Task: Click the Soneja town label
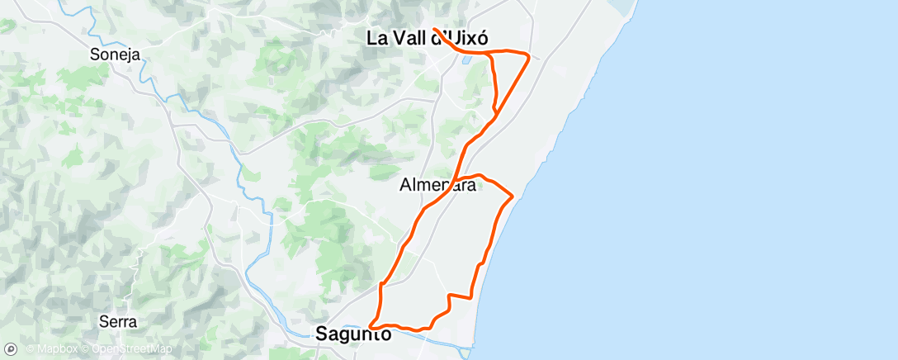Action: click(x=114, y=55)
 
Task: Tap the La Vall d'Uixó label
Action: click(x=428, y=38)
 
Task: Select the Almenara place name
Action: click(x=437, y=186)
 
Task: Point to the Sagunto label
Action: click(x=353, y=334)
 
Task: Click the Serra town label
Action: click(x=117, y=321)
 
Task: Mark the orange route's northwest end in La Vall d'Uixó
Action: click(x=434, y=29)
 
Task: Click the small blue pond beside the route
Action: click(x=468, y=59)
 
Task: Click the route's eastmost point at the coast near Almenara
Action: click(x=513, y=196)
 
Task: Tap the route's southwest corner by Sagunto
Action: click(x=371, y=325)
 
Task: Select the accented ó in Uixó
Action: click(x=482, y=38)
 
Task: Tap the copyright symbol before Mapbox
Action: click(x=30, y=349)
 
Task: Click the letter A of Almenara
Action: click(x=405, y=186)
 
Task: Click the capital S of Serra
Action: click(x=102, y=321)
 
